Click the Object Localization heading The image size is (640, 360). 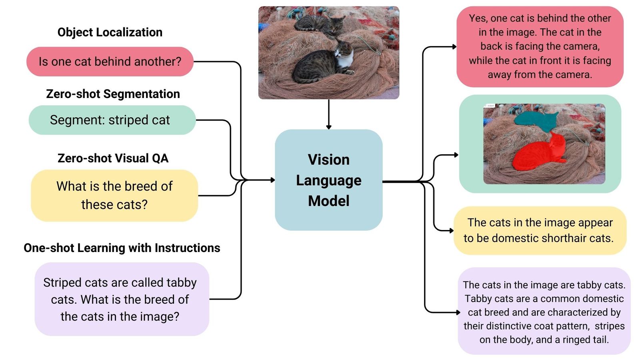(x=110, y=32)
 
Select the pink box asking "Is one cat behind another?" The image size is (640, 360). (x=110, y=62)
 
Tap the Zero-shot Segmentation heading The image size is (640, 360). (x=113, y=94)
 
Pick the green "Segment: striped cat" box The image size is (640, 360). (x=112, y=120)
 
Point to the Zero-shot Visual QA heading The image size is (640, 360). (x=113, y=158)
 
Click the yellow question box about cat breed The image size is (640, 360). (x=114, y=196)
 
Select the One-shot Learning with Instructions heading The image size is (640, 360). (x=122, y=248)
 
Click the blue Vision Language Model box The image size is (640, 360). (x=328, y=180)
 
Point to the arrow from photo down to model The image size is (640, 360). (x=328, y=114)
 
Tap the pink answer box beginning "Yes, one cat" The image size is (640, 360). (x=540, y=46)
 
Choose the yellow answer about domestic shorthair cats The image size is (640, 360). (x=540, y=230)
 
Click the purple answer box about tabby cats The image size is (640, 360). (x=544, y=312)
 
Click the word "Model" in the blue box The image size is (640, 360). (x=328, y=201)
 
